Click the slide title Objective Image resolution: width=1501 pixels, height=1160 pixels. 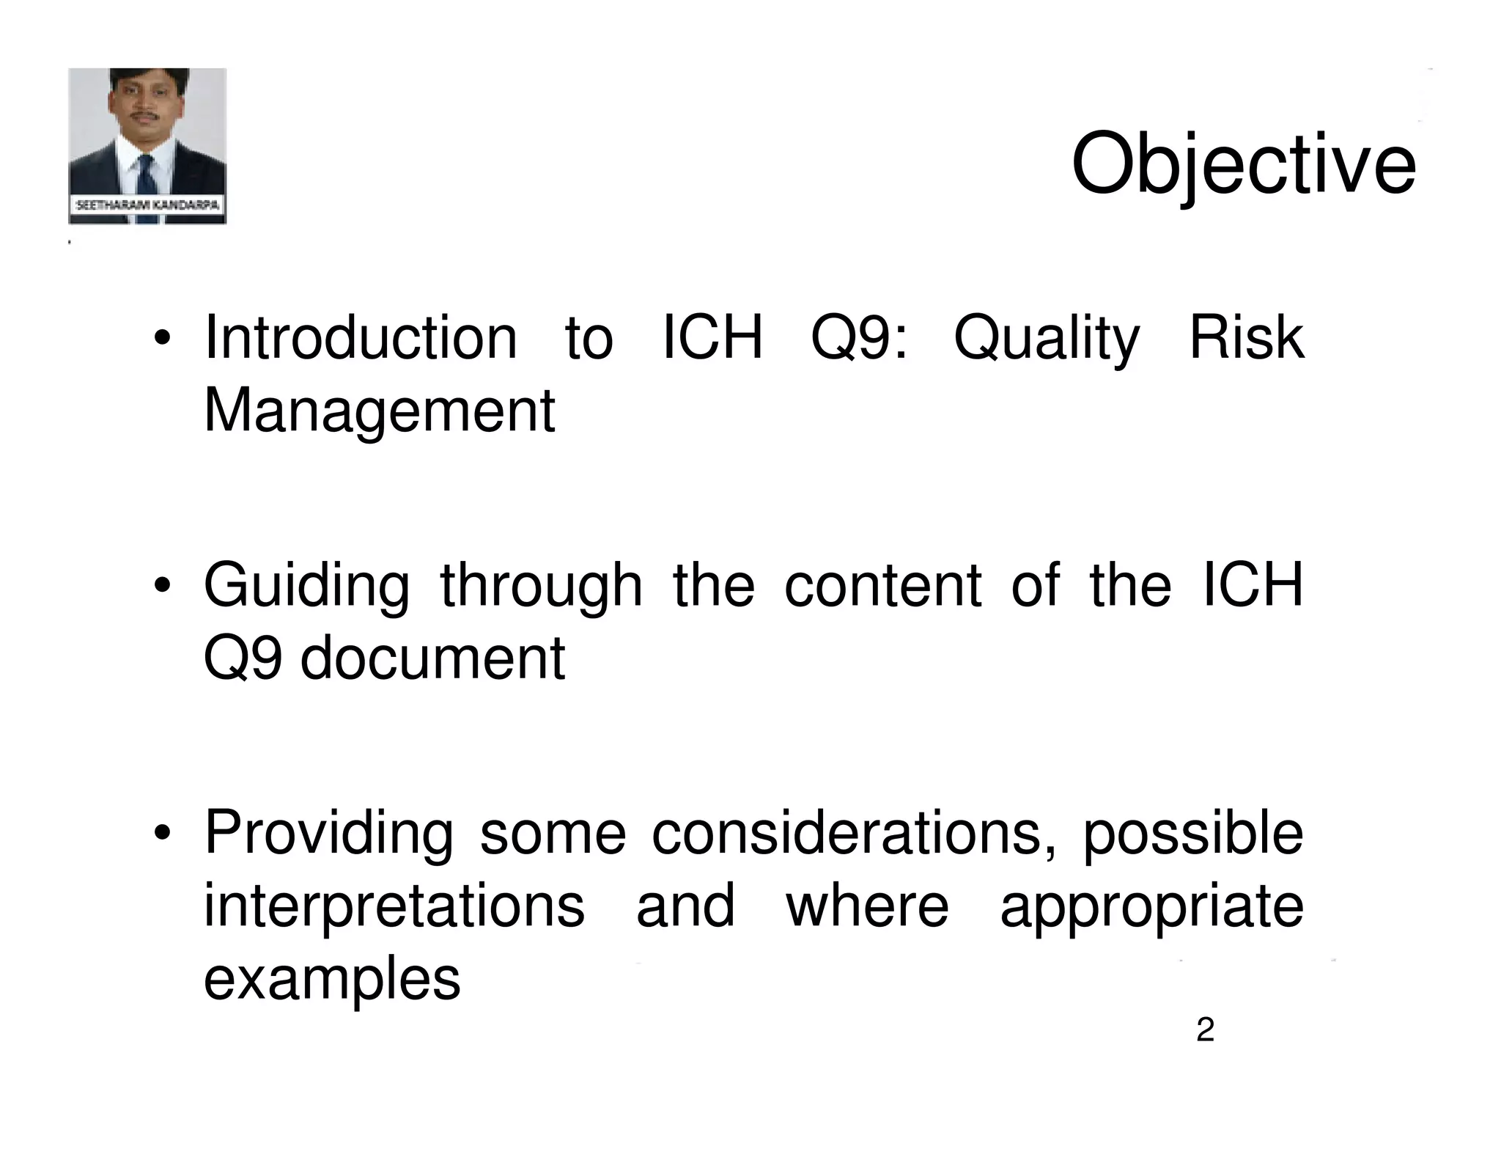click(x=1243, y=165)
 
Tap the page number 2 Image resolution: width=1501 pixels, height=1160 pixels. click(x=1205, y=1030)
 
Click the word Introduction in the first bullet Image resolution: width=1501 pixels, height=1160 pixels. click(x=361, y=337)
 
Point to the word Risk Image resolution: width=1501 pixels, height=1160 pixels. click(x=1246, y=337)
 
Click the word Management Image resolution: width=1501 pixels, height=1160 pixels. click(x=379, y=412)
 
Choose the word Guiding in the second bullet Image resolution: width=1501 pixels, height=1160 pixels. click(x=306, y=587)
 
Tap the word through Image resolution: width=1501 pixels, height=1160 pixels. click(x=541, y=587)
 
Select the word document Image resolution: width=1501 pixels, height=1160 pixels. click(x=432, y=658)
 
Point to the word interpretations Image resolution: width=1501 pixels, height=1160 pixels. click(x=394, y=906)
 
